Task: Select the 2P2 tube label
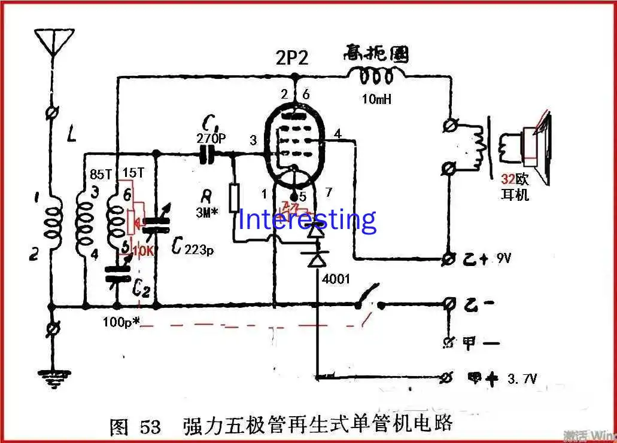[293, 59]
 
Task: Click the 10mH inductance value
[376, 99]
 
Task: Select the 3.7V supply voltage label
[522, 378]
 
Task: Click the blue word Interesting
[308, 219]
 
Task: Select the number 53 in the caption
[150, 427]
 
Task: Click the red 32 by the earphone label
[508, 179]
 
